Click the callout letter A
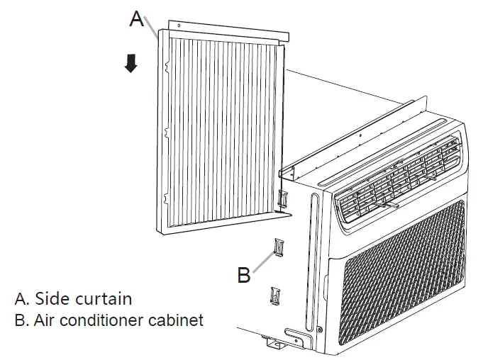point(137,19)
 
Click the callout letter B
point(243,275)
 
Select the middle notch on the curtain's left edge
point(165,131)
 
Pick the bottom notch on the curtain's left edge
point(165,195)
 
